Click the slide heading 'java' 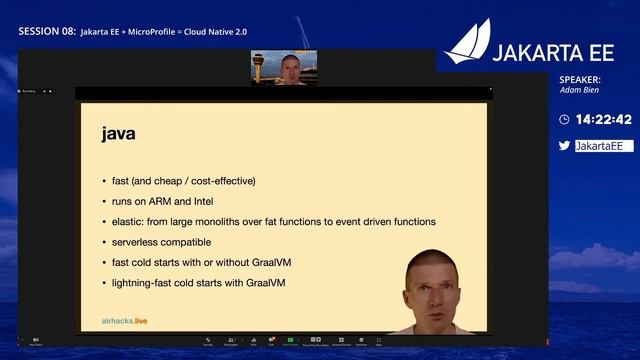[x=118, y=133]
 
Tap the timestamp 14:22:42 [x=604, y=119]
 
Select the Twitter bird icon [x=564, y=145]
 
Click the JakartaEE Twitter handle [x=604, y=146]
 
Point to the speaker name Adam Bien [x=579, y=90]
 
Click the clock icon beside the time [x=564, y=119]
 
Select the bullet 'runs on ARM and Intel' [x=172, y=201]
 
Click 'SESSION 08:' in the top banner [x=47, y=32]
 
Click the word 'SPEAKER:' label [x=580, y=79]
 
